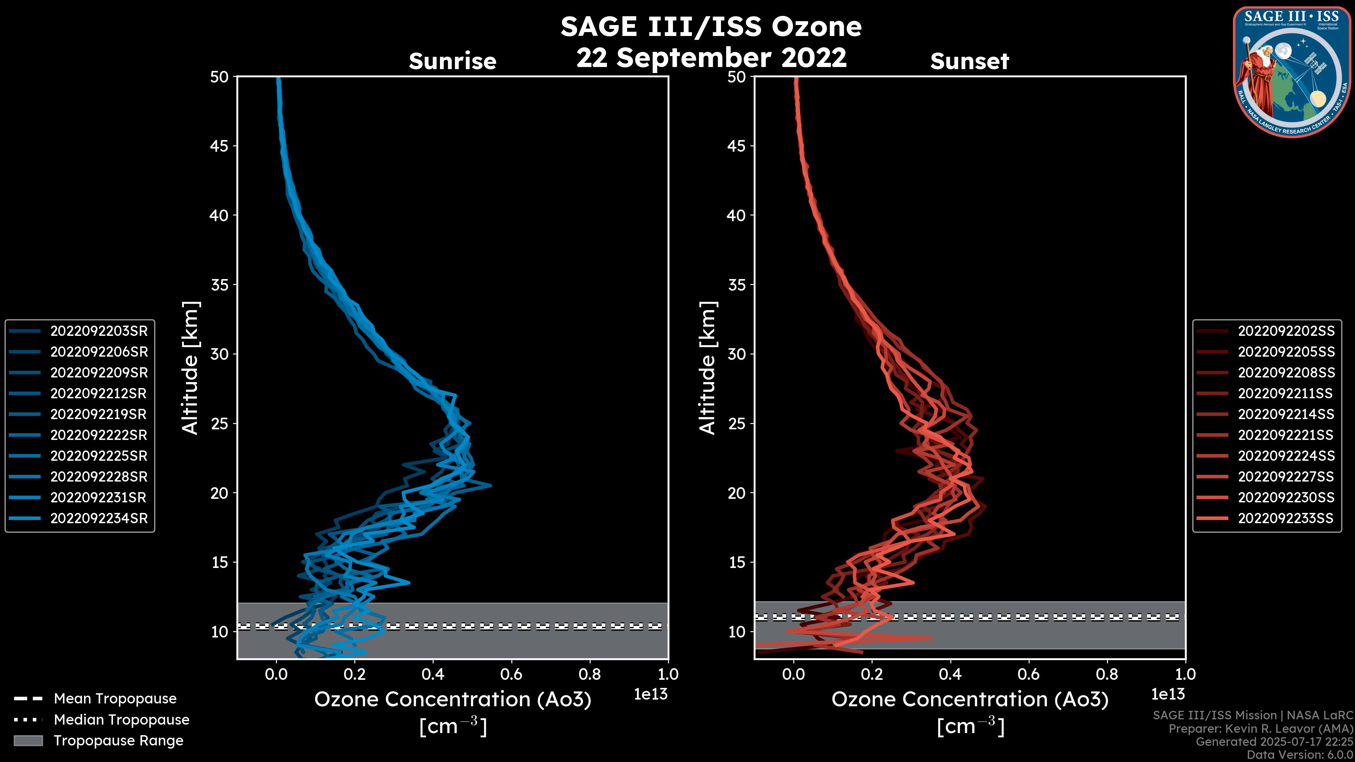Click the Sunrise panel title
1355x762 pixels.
click(x=452, y=61)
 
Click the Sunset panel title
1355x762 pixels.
click(x=969, y=61)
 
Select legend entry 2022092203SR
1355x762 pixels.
click(x=99, y=331)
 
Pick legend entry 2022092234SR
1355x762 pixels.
click(x=99, y=518)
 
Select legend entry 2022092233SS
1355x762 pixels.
click(x=1285, y=518)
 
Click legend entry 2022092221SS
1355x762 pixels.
click(x=1285, y=435)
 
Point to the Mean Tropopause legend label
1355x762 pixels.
click(x=115, y=698)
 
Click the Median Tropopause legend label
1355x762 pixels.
click(x=121, y=719)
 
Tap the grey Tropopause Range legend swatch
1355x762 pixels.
click(x=28, y=740)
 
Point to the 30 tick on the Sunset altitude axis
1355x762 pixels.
click(x=736, y=354)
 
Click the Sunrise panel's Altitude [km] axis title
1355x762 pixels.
click(x=191, y=368)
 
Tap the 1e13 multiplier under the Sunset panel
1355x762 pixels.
click(x=1168, y=694)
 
